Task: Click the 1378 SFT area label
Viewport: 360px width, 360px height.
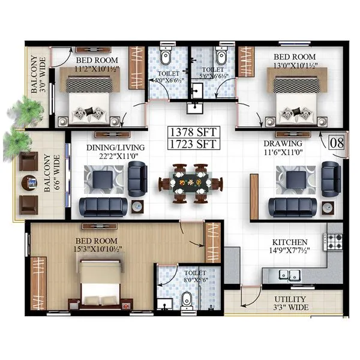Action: point(193,131)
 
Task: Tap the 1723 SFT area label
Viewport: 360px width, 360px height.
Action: point(193,145)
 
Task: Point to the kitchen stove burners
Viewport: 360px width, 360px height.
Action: point(334,242)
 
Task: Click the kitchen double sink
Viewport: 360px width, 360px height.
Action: point(289,275)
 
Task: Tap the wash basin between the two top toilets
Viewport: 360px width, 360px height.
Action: point(193,107)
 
